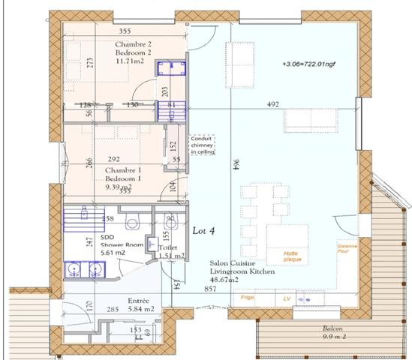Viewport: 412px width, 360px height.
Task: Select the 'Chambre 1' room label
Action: (124, 170)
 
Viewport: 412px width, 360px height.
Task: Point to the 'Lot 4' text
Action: (203, 230)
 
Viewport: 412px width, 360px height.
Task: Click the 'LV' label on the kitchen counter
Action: (287, 298)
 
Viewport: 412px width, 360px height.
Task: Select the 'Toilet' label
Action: (169, 247)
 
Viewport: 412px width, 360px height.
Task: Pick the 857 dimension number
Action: (212, 288)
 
